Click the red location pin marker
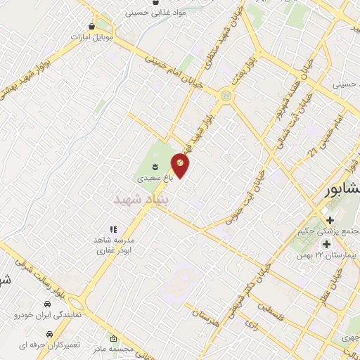[181, 164]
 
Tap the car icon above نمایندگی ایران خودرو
[47, 304]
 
